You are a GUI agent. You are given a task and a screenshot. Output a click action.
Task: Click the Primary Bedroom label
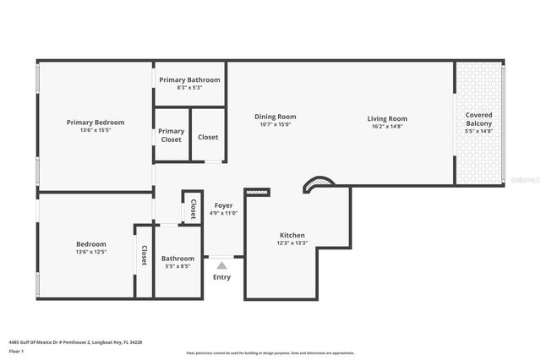click(x=95, y=123)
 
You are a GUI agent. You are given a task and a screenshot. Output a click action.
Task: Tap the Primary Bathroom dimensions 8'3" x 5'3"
click(x=189, y=88)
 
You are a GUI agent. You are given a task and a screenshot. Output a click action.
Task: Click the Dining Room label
click(x=275, y=117)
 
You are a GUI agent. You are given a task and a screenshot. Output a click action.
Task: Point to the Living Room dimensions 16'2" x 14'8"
click(x=386, y=128)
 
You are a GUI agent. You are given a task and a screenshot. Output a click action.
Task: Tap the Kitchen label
click(x=292, y=235)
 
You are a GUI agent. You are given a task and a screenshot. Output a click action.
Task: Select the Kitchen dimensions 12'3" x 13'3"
click(x=292, y=244)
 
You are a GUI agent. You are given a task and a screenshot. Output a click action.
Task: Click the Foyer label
click(x=223, y=205)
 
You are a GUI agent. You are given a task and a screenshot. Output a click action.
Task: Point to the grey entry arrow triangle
click(x=221, y=265)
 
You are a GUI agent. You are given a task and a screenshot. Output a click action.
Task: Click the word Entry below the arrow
click(x=221, y=277)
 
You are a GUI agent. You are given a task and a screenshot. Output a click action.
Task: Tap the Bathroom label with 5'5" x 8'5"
click(x=178, y=259)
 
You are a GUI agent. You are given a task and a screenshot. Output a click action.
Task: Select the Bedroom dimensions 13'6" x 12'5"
click(x=91, y=253)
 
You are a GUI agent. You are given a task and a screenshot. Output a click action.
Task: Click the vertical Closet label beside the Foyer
click(x=193, y=209)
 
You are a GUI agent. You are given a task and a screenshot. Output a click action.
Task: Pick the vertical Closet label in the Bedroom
click(x=144, y=255)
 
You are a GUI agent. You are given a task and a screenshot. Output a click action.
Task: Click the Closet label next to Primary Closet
click(x=208, y=137)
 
